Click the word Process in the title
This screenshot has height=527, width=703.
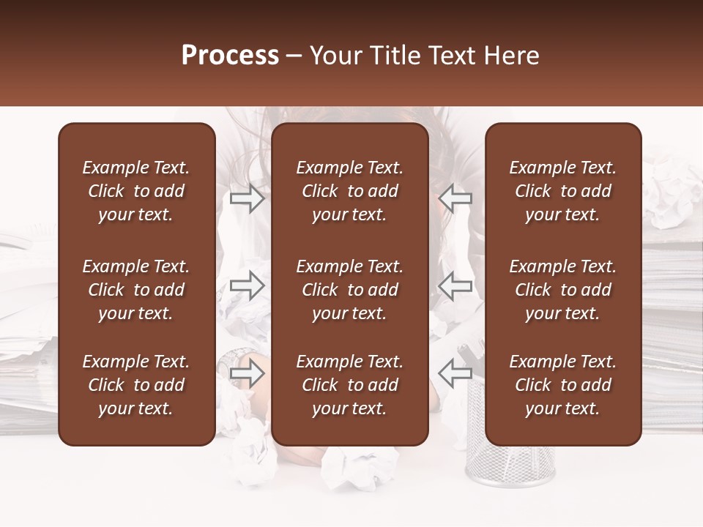tap(230, 56)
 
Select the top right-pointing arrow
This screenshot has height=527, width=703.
tap(248, 198)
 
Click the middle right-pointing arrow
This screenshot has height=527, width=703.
tap(248, 285)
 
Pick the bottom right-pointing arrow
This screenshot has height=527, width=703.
tap(248, 374)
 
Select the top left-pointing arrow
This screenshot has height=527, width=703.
tap(455, 198)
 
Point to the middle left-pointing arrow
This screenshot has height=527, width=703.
tap(455, 285)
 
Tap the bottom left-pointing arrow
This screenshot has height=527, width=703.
tap(455, 374)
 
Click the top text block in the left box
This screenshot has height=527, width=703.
tap(136, 191)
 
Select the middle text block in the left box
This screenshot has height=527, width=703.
tap(136, 290)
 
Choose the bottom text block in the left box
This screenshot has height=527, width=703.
tap(136, 385)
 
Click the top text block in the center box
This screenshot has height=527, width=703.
tap(349, 191)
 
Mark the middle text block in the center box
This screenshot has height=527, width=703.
tap(349, 290)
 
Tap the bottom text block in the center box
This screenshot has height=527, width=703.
tap(349, 385)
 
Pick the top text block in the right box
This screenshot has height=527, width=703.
tap(562, 191)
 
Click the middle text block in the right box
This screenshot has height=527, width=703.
tap(562, 290)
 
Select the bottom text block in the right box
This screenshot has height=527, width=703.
tap(562, 385)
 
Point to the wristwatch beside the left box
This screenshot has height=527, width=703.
tap(236, 357)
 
